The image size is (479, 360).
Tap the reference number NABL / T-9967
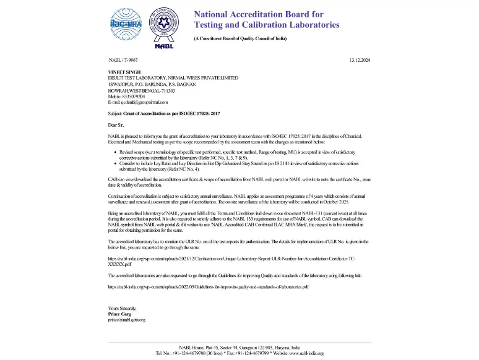click(x=123, y=60)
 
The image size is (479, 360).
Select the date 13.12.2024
click(x=359, y=60)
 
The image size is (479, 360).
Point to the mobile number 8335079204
click(x=126, y=96)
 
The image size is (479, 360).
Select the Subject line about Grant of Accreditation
click(x=164, y=114)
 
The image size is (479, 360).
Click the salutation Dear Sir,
click(x=116, y=126)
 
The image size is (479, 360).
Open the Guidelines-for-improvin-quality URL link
click(x=209, y=288)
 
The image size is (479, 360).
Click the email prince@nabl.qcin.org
click(x=127, y=320)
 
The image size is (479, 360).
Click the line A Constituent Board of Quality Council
click(x=240, y=38)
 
